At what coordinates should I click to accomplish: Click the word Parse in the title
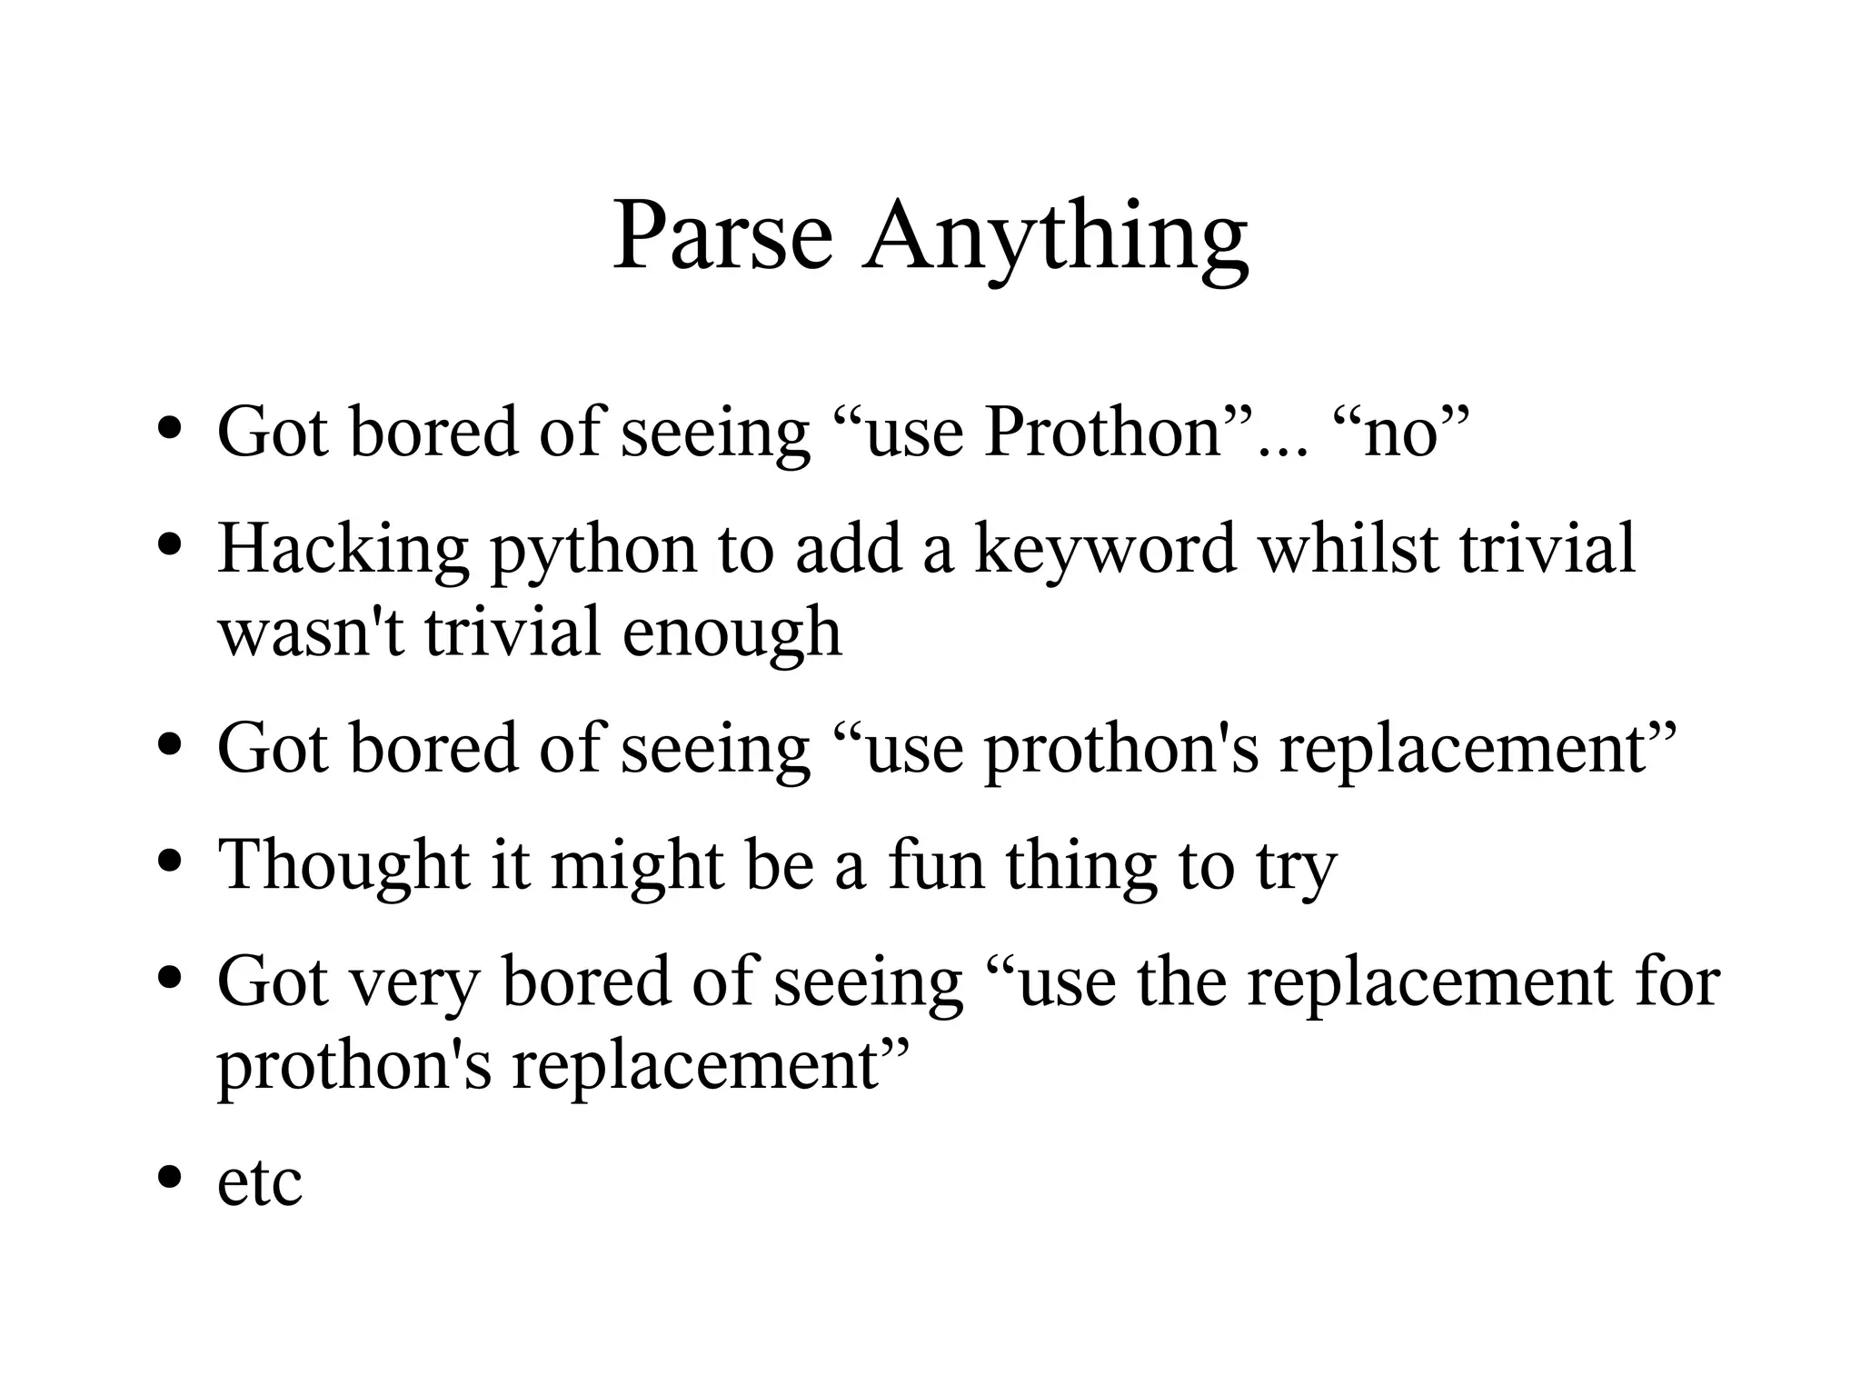(722, 235)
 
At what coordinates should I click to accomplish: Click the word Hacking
(343, 551)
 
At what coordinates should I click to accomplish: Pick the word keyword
(1105, 551)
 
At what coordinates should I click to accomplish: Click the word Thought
(343, 865)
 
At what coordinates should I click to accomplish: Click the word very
(414, 985)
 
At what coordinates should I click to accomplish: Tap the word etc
(259, 1183)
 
